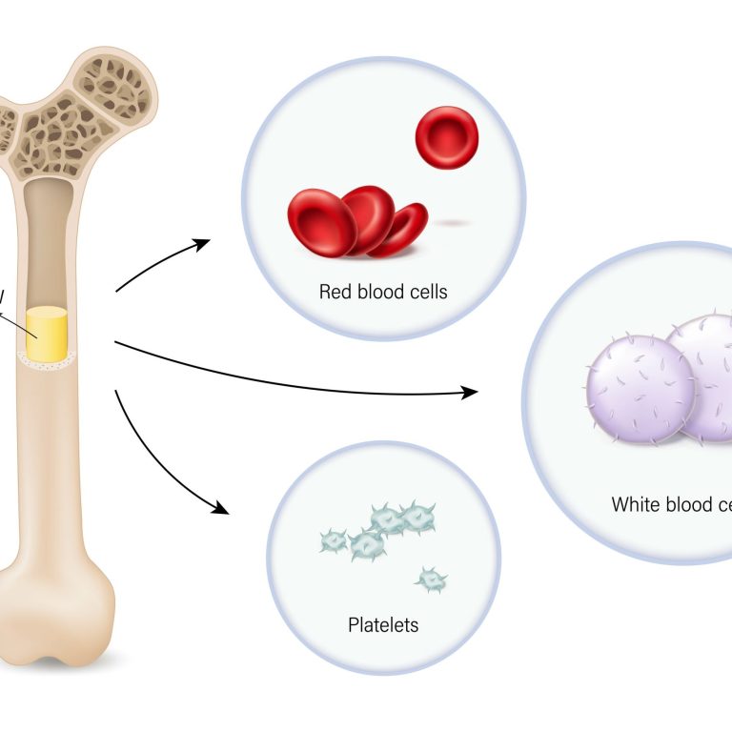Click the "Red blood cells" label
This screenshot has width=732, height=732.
coord(383,292)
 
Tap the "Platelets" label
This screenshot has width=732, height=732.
coord(383,625)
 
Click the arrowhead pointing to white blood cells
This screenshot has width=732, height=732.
coord(468,392)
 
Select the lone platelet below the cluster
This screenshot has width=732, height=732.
coord(432,578)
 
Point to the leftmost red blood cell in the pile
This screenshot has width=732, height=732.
coord(321,223)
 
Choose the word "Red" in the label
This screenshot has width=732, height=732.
coord(335,292)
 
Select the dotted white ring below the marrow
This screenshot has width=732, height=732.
coord(45,359)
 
